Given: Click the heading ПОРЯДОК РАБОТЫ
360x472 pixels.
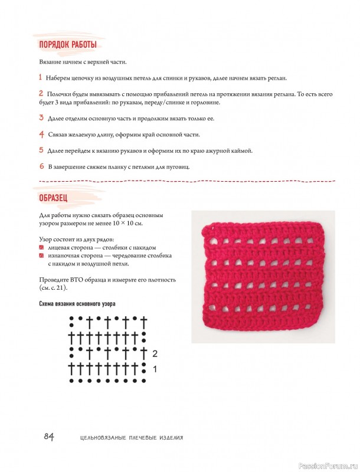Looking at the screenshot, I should coord(67,45).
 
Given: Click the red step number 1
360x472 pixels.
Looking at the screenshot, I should coord(40,77).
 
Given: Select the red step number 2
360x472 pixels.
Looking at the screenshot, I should coord(41,93).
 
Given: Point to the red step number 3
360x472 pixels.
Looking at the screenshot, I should coord(41,118).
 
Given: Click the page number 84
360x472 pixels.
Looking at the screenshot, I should coord(48,437).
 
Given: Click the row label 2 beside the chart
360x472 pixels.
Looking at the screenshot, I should coord(155,354).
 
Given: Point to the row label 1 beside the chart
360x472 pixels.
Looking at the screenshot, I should coord(155,370).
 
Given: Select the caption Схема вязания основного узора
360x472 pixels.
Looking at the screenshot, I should coord(77,303).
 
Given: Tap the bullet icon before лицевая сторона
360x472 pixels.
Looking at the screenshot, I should coord(41,248).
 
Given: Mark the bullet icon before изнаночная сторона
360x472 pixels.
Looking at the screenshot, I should coord(41,256).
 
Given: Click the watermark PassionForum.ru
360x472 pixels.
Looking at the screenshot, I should coord(326,464).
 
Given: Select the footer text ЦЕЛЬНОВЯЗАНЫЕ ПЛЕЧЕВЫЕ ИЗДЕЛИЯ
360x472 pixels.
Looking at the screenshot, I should coord(131,438).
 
